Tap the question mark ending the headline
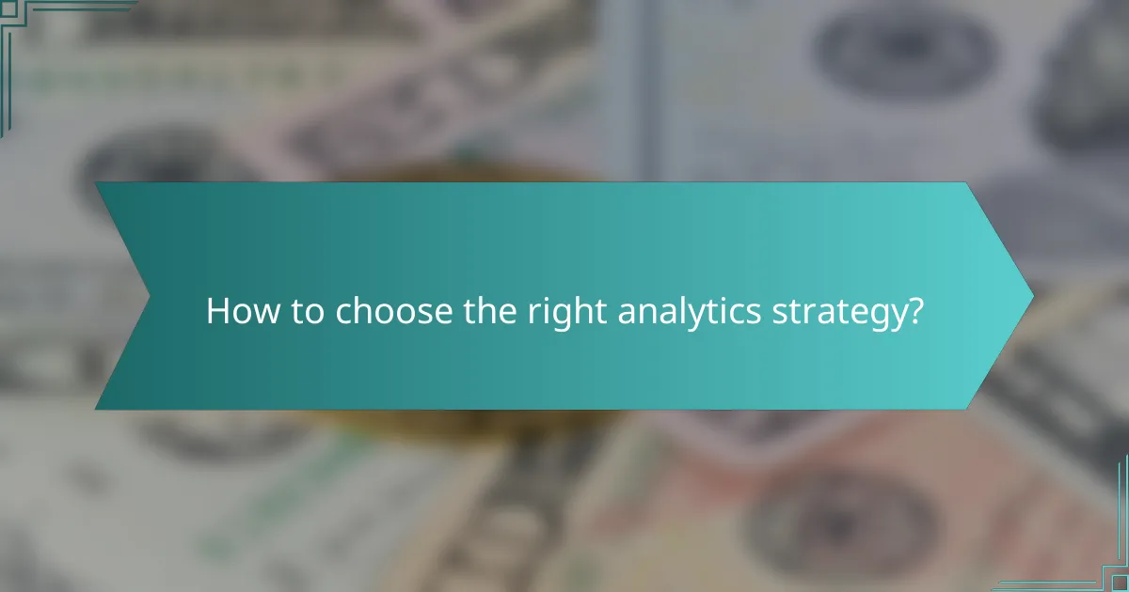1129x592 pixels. coord(914,312)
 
